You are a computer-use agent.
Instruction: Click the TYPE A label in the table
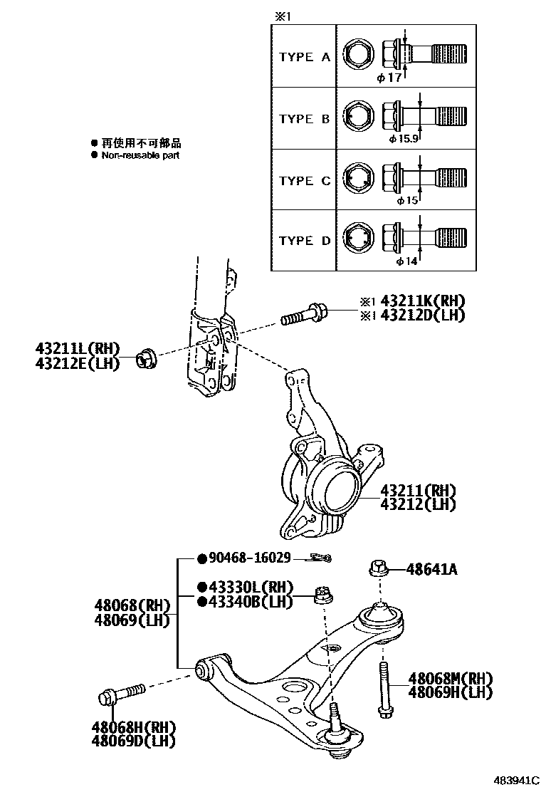pos(305,57)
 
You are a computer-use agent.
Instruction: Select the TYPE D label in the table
pos(305,241)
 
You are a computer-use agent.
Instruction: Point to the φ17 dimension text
pos(389,77)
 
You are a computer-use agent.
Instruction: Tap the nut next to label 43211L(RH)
pos(147,357)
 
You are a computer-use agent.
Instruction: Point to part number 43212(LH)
pos(417,504)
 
